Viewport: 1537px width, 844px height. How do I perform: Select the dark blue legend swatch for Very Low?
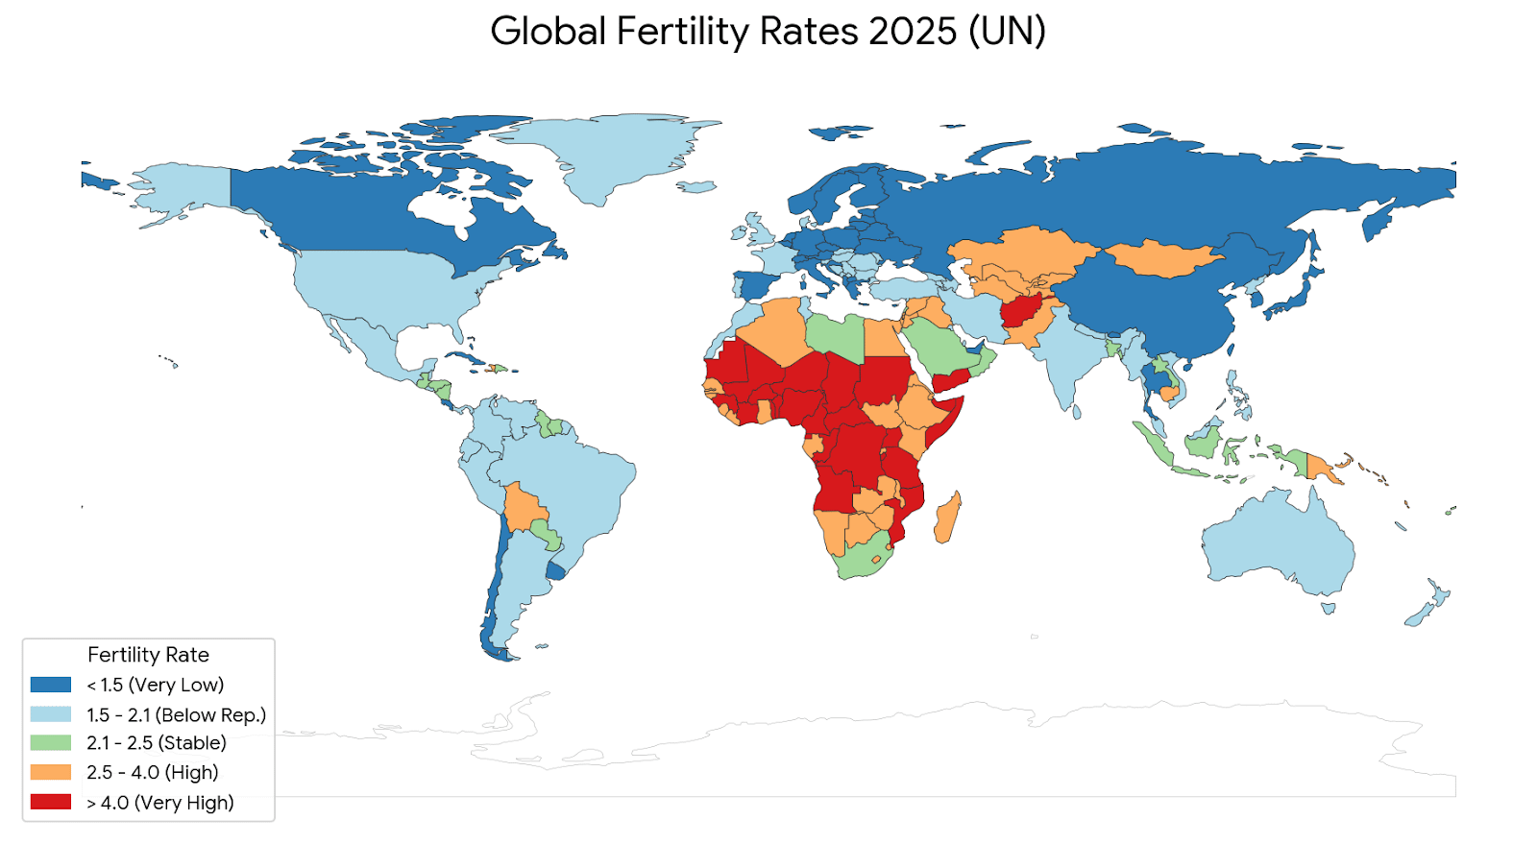coord(51,685)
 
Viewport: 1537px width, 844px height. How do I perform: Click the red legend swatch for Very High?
coord(51,802)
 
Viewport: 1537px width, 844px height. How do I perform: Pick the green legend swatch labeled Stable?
coord(51,743)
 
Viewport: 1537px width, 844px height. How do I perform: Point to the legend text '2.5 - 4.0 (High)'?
coord(153,773)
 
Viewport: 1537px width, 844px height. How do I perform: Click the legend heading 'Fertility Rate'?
coord(148,655)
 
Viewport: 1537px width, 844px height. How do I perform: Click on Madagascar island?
coord(947,518)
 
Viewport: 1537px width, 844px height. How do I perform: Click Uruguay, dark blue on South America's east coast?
coord(556,571)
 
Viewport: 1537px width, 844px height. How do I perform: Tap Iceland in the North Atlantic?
coord(696,186)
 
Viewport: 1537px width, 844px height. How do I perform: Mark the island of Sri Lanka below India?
coord(1077,411)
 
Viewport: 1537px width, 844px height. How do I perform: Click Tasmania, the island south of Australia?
coord(1329,608)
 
